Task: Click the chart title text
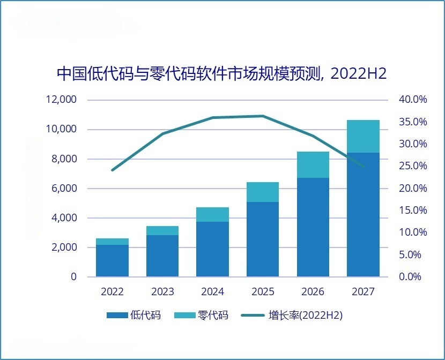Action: [221, 74]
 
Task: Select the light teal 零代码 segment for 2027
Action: [363, 137]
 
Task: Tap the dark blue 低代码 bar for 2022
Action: [112, 260]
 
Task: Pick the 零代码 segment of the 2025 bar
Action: [263, 192]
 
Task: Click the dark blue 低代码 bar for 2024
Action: [212, 249]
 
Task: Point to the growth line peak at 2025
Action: [263, 116]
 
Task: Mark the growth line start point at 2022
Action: [113, 170]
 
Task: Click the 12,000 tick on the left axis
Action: [61, 100]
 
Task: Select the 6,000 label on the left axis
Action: [64, 188]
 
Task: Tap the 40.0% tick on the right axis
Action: [413, 99]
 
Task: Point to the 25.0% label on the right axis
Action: [413, 166]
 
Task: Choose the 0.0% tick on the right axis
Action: [410, 276]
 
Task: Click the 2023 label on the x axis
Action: [162, 291]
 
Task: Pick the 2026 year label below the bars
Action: [313, 291]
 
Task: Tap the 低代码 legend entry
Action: [133, 315]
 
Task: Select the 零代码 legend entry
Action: [201, 315]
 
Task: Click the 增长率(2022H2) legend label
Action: [306, 315]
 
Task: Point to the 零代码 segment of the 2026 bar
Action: [313, 164]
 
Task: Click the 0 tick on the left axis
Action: [74, 276]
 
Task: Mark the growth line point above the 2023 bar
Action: [162, 133]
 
